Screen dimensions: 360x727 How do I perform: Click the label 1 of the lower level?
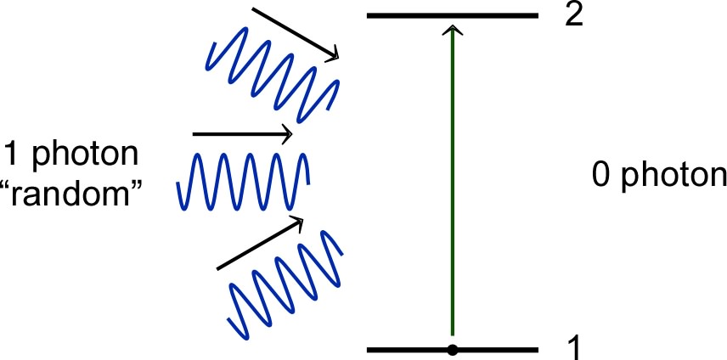575,346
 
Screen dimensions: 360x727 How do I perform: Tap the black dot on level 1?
453,350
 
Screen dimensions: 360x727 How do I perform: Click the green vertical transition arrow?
453,187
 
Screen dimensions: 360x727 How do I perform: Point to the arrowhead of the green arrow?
454,31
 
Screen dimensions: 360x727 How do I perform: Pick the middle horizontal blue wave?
243,180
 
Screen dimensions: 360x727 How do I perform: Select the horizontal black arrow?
243,134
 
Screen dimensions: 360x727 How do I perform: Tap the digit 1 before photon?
10,155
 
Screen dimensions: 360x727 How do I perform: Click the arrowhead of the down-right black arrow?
334,55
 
